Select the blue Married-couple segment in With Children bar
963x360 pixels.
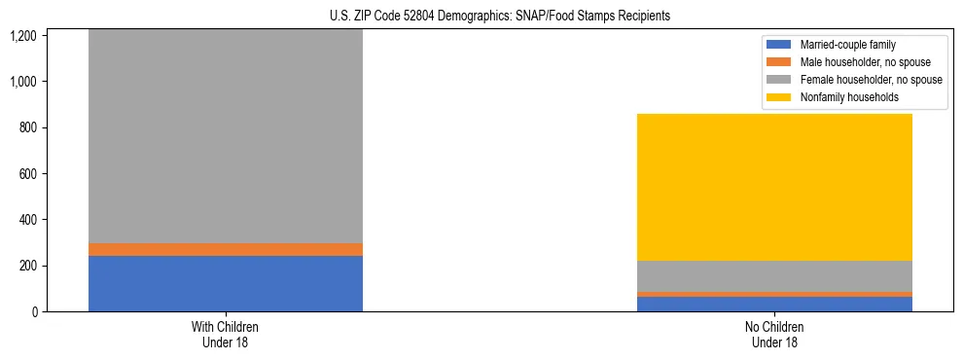(226, 283)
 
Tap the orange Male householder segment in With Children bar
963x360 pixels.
(226, 249)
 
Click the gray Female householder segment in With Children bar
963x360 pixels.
(226, 136)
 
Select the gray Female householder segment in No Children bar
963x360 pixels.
(774, 276)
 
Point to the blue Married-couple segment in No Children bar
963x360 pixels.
(774, 304)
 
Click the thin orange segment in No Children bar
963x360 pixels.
(774, 294)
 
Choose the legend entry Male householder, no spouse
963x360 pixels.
(857, 62)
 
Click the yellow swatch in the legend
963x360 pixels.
(779, 97)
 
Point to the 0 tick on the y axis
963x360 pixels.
(35, 312)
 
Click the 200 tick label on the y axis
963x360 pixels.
(29, 266)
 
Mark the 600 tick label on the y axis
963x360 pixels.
(29, 174)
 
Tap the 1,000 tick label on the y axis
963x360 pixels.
(25, 82)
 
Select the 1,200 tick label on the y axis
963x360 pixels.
(25, 36)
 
